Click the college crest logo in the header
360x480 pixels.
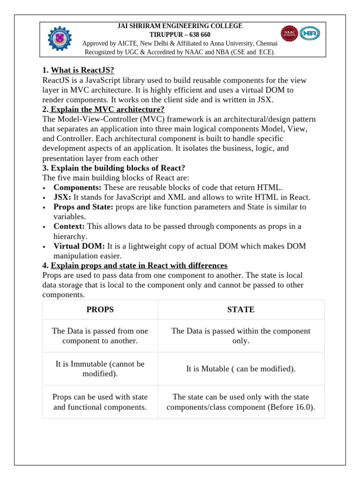[60, 38]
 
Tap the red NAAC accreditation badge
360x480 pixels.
[289, 33]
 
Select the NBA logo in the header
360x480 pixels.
[310, 33]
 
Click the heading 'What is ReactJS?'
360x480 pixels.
[82, 70]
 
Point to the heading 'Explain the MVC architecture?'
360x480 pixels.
[107, 109]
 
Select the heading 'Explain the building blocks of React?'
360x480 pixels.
[118, 168]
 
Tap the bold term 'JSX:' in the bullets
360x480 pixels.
[62, 197]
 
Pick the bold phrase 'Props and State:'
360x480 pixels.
[83, 207]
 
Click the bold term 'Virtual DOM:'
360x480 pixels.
[79, 246]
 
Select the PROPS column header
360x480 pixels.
[100, 309]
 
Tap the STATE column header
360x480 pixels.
[240, 309]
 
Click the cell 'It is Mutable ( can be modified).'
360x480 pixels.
[240, 369]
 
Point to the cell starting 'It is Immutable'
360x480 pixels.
[100, 369]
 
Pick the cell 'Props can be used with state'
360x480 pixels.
[100, 402]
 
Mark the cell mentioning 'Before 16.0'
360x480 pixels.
[240, 402]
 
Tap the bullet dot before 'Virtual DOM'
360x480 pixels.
[44, 247]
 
